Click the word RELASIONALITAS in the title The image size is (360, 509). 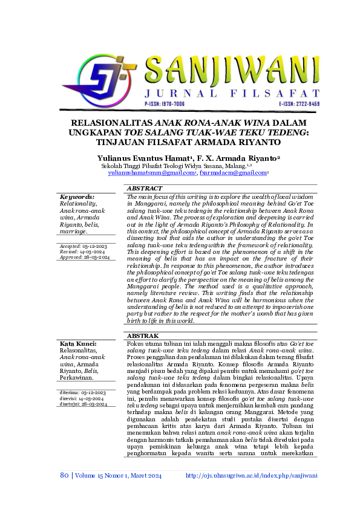tap(105, 122)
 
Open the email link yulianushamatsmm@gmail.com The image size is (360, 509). tap(151, 173)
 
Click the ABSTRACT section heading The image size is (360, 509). tap(145, 189)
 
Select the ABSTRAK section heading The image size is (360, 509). tap(143, 336)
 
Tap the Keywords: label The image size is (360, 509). tap(77, 197)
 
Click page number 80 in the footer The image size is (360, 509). tap(64, 475)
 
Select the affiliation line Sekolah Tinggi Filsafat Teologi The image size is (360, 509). tap(175, 165)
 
